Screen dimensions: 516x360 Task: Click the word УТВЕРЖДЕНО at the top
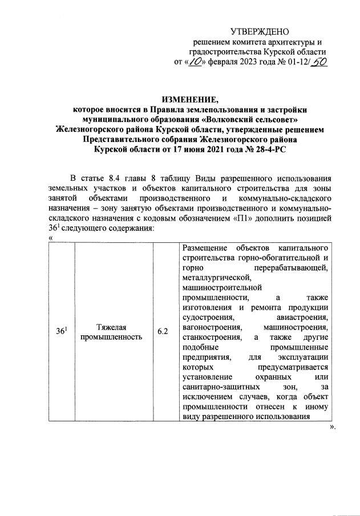(x=260, y=31)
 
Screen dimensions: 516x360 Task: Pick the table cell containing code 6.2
(x=163, y=332)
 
